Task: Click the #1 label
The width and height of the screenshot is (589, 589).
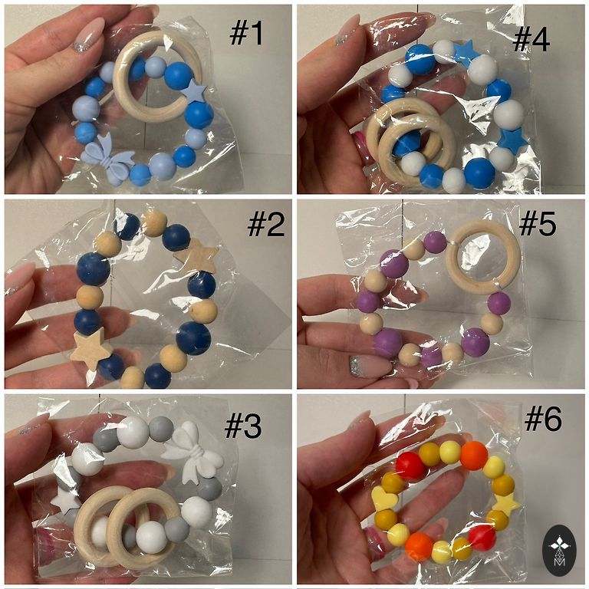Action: tap(246, 33)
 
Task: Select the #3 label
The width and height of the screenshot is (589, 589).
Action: tap(242, 426)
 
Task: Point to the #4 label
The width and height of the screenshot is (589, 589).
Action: tap(531, 38)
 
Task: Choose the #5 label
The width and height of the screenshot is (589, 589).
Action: tap(537, 224)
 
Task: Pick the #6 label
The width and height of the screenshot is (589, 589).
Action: tap(543, 419)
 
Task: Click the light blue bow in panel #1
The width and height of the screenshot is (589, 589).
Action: tap(107, 159)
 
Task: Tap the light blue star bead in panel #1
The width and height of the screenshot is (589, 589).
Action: tap(194, 90)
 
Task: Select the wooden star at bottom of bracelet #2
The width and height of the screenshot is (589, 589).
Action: tap(91, 350)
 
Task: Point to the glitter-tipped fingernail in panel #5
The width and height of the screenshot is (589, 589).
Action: tap(370, 366)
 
